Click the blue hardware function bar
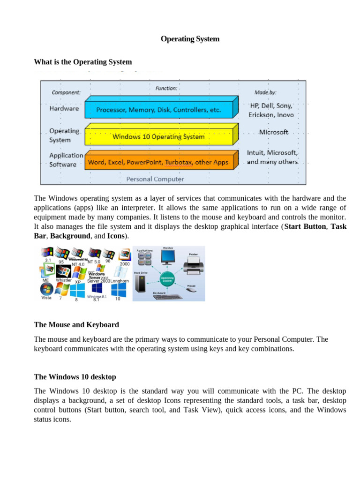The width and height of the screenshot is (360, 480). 159,110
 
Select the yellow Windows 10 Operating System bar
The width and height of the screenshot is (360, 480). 159,136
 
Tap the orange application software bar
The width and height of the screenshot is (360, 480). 159,163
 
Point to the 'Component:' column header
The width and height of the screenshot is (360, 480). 66,93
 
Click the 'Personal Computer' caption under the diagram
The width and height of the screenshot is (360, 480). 155,179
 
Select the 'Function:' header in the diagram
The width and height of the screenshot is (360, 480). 166,88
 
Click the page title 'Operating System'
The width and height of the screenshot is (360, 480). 190,39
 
